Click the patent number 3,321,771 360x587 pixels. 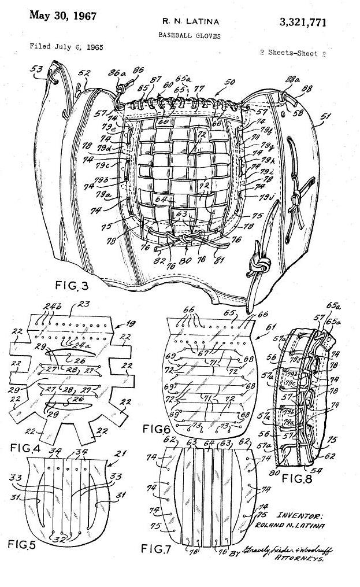point(302,23)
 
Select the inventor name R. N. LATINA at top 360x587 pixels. point(183,22)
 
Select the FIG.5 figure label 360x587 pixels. point(26,544)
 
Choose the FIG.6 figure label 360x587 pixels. point(157,430)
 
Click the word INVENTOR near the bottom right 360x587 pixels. point(299,515)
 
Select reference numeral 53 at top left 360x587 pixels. point(37,69)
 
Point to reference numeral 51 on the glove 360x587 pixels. point(326,116)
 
